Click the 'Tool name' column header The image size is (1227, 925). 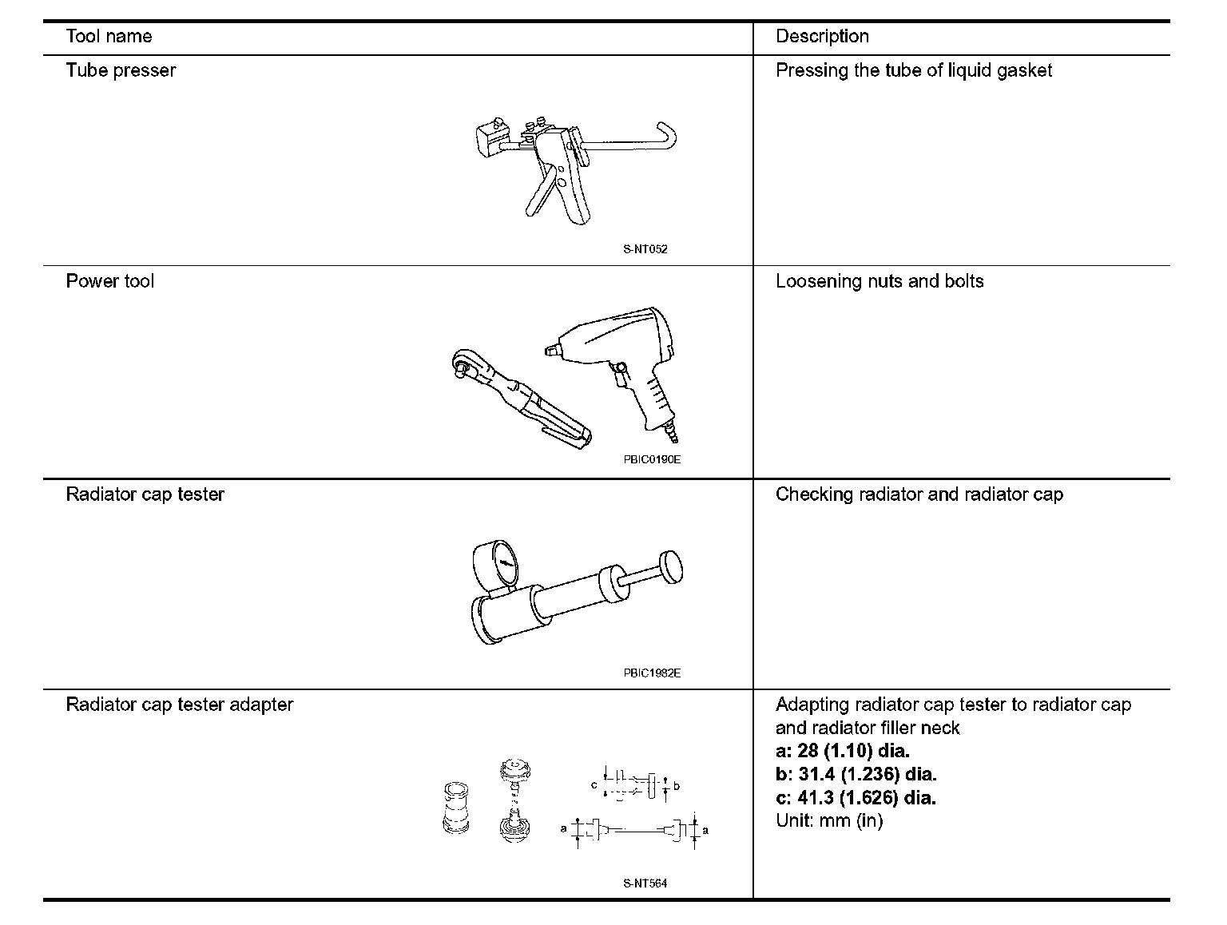109,37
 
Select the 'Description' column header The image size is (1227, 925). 822,37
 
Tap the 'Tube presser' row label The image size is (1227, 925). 121,70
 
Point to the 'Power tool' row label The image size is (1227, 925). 109,281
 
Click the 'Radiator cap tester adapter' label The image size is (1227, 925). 180,705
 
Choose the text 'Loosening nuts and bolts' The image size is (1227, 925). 880,281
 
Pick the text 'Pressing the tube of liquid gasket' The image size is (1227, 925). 914,70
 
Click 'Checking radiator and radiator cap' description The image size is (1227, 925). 919,494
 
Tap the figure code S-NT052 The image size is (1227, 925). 645,249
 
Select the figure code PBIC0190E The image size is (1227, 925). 652,460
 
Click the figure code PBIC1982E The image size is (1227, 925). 652,673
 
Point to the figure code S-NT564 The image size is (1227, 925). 645,883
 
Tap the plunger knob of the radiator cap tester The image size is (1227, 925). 670,569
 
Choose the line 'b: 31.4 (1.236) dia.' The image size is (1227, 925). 856,774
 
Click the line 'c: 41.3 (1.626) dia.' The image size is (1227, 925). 856,797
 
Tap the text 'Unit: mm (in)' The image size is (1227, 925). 829,820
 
